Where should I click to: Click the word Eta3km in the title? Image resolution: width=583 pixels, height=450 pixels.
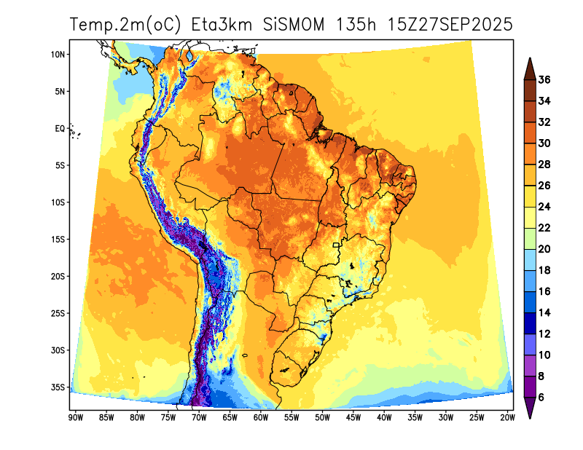[222, 24]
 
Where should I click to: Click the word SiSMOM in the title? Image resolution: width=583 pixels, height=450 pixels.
[295, 24]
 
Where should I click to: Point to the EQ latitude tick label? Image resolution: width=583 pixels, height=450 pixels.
[60, 128]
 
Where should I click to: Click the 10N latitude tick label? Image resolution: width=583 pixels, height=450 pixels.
[58, 55]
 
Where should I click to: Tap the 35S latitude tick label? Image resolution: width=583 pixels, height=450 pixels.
[58, 387]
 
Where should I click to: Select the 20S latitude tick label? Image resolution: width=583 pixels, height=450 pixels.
[58, 277]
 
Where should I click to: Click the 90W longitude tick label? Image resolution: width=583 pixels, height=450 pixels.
[74, 417]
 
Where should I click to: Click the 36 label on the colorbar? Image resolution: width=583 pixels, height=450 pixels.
[544, 79]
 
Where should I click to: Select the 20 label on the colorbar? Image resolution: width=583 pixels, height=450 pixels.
[544, 249]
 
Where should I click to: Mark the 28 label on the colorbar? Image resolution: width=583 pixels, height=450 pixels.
[544, 165]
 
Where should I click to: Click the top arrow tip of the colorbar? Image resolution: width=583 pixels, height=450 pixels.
[530, 60]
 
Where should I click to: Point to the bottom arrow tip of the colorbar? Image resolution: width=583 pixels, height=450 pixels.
[530, 417]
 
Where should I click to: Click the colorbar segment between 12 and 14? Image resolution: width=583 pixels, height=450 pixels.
[530, 323]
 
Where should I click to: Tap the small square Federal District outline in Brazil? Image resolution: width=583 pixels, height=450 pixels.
[337, 245]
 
